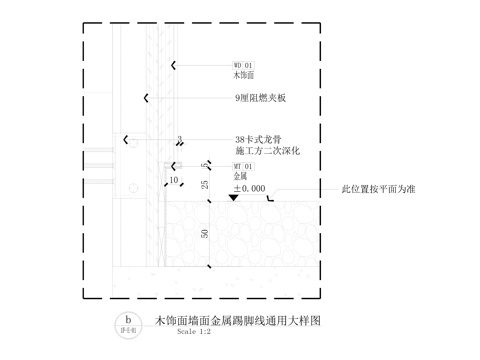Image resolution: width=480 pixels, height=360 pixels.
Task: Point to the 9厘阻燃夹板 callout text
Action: pyautogui.click(x=260, y=98)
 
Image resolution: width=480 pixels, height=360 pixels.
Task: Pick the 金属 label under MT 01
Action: pyautogui.click(x=241, y=177)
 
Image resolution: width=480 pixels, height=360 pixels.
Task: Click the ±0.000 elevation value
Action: pyautogui.click(x=249, y=188)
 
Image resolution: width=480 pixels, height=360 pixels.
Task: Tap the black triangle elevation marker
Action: pyautogui.click(x=232, y=198)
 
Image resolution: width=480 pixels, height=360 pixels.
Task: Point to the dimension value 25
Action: pyautogui.click(x=204, y=186)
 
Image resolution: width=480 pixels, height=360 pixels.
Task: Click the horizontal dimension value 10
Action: pyautogui.click(x=174, y=181)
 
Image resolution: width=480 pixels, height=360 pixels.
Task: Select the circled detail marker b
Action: pyautogui.click(x=127, y=323)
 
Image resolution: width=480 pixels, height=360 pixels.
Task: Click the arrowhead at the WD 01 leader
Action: pyautogui.click(x=174, y=65)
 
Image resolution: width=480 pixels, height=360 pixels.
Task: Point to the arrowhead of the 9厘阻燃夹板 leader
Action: pyautogui.click(x=146, y=98)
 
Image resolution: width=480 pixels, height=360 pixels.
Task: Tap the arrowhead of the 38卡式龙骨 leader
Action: pyautogui.click(x=126, y=139)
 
